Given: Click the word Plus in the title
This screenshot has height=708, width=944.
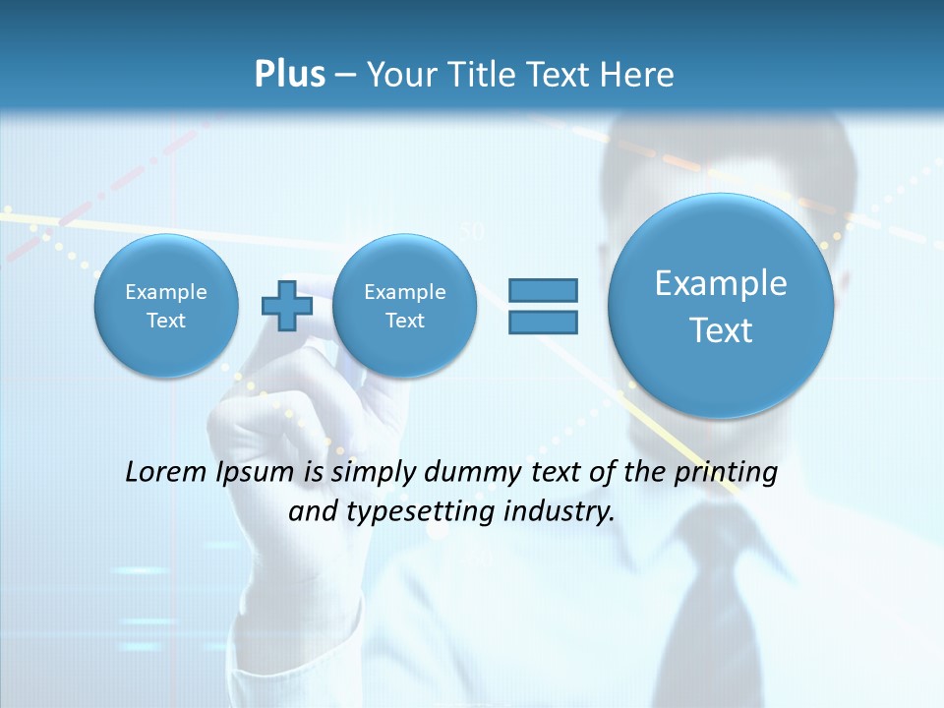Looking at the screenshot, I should click(289, 75).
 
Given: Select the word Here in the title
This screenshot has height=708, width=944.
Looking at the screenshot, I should click(636, 75).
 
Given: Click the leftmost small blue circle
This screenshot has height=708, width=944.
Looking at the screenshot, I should click(166, 306).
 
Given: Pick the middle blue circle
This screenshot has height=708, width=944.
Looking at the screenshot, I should click(404, 306).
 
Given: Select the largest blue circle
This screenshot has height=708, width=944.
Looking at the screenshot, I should click(721, 306).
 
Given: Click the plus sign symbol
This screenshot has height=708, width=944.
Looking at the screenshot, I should click(287, 306).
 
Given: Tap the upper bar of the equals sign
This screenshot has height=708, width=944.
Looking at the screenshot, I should click(543, 290).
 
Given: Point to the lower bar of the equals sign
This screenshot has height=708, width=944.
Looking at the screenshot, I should click(543, 322).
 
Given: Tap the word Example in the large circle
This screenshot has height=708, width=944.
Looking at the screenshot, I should click(721, 283).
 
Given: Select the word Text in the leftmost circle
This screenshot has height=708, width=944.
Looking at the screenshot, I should click(166, 321).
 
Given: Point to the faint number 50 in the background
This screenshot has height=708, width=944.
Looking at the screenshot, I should click(472, 232).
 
